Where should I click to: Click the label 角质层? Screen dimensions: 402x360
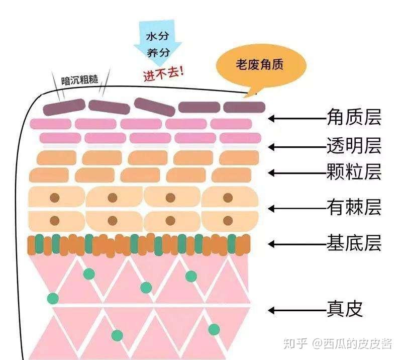[354, 117]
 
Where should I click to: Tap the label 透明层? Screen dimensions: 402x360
[354, 145]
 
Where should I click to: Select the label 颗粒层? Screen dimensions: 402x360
[354, 171]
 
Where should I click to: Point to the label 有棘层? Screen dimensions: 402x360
[354, 207]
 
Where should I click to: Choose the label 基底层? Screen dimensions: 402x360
[354, 243]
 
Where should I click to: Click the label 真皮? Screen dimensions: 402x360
[344, 309]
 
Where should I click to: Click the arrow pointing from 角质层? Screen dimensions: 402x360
[297, 118]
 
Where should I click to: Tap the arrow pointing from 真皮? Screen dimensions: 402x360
[297, 311]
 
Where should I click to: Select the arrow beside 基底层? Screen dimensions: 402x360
[297, 244]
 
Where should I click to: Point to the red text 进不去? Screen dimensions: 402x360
[164, 74]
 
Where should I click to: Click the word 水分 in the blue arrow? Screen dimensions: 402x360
[157, 36]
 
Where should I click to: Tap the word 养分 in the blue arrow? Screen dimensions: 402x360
[158, 53]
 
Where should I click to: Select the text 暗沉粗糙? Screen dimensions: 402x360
[80, 80]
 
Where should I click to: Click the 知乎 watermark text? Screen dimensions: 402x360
[295, 343]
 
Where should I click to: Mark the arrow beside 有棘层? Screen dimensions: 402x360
[297, 208]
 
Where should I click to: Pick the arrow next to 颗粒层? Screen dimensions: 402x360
[297, 173]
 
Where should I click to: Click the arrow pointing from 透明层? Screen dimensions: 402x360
[297, 147]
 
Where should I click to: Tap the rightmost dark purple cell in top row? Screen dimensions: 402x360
[244, 107]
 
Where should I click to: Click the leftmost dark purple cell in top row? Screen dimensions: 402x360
[64, 107]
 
